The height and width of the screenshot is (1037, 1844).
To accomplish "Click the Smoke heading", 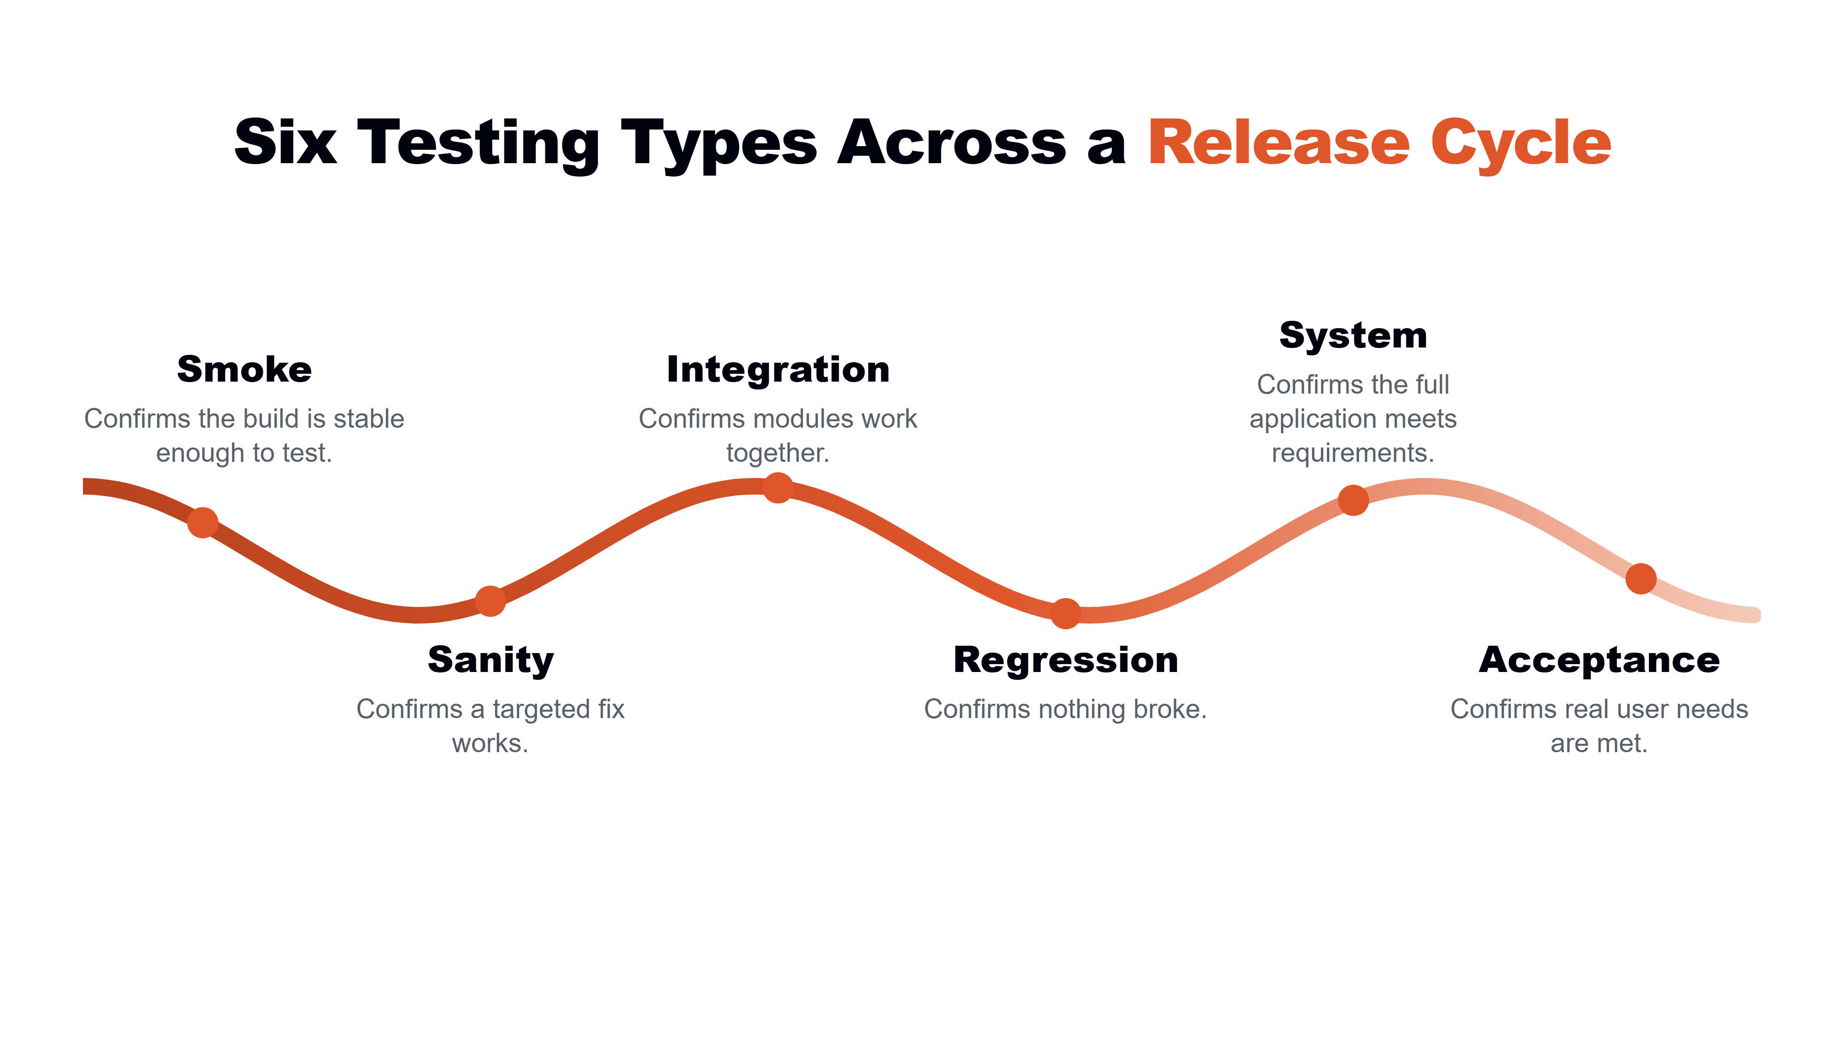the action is (x=244, y=369).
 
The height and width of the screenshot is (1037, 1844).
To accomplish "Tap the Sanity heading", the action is (x=491, y=660).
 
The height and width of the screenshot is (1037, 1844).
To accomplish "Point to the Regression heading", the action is (x=1065, y=660).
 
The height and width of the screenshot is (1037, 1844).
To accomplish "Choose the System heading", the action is (x=1353, y=336).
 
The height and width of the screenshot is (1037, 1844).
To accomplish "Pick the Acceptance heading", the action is (x=1599, y=660).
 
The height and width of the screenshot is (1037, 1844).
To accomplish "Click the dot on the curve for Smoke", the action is (x=202, y=523).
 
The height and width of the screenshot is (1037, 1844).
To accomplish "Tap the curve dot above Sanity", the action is (x=491, y=601).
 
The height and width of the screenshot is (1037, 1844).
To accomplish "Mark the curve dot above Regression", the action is (x=1065, y=613).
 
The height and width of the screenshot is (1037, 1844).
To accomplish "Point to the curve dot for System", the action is (x=1353, y=500).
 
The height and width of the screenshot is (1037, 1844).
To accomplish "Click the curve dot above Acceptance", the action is (x=1641, y=578).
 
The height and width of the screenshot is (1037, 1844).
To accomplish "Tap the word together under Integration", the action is (x=777, y=454).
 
